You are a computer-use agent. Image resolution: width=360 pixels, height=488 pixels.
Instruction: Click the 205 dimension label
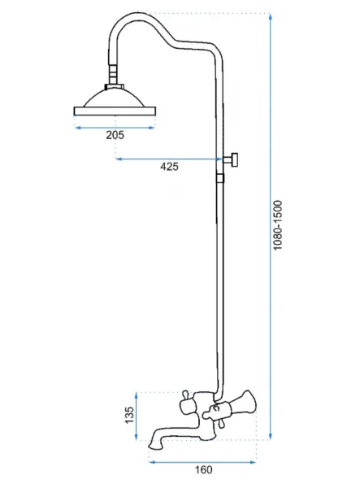tap(115, 135)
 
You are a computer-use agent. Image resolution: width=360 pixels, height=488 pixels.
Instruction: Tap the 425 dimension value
tap(169, 167)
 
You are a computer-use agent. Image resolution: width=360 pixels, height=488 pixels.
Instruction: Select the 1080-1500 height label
tap(277, 225)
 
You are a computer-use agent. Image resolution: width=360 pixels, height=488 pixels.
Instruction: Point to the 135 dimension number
tap(129, 415)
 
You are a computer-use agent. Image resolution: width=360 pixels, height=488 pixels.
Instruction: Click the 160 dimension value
tap(203, 469)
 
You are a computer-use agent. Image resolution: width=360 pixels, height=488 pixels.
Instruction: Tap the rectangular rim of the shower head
tap(115, 111)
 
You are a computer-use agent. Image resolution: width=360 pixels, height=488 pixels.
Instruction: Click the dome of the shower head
tap(115, 98)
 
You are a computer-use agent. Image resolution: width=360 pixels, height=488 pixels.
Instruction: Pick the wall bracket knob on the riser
tap(232, 159)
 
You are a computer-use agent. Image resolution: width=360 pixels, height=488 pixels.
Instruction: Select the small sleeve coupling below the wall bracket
tap(220, 178)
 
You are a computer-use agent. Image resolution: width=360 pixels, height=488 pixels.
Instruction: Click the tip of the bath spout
tap(155, 446)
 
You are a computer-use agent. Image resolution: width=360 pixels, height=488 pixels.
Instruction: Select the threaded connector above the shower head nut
tap(113, 74)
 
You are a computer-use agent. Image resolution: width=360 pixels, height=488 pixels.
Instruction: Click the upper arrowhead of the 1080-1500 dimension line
tap(271, 16)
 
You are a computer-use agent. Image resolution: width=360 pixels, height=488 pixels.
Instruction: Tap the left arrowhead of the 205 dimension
tap(78, 128)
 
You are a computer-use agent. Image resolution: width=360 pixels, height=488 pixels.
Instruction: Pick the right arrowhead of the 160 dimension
tap(253, 462)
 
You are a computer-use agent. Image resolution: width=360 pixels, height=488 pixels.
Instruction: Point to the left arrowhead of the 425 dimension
tap(119, 159)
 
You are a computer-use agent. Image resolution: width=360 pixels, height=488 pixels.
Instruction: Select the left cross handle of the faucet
tap(187, 403)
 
